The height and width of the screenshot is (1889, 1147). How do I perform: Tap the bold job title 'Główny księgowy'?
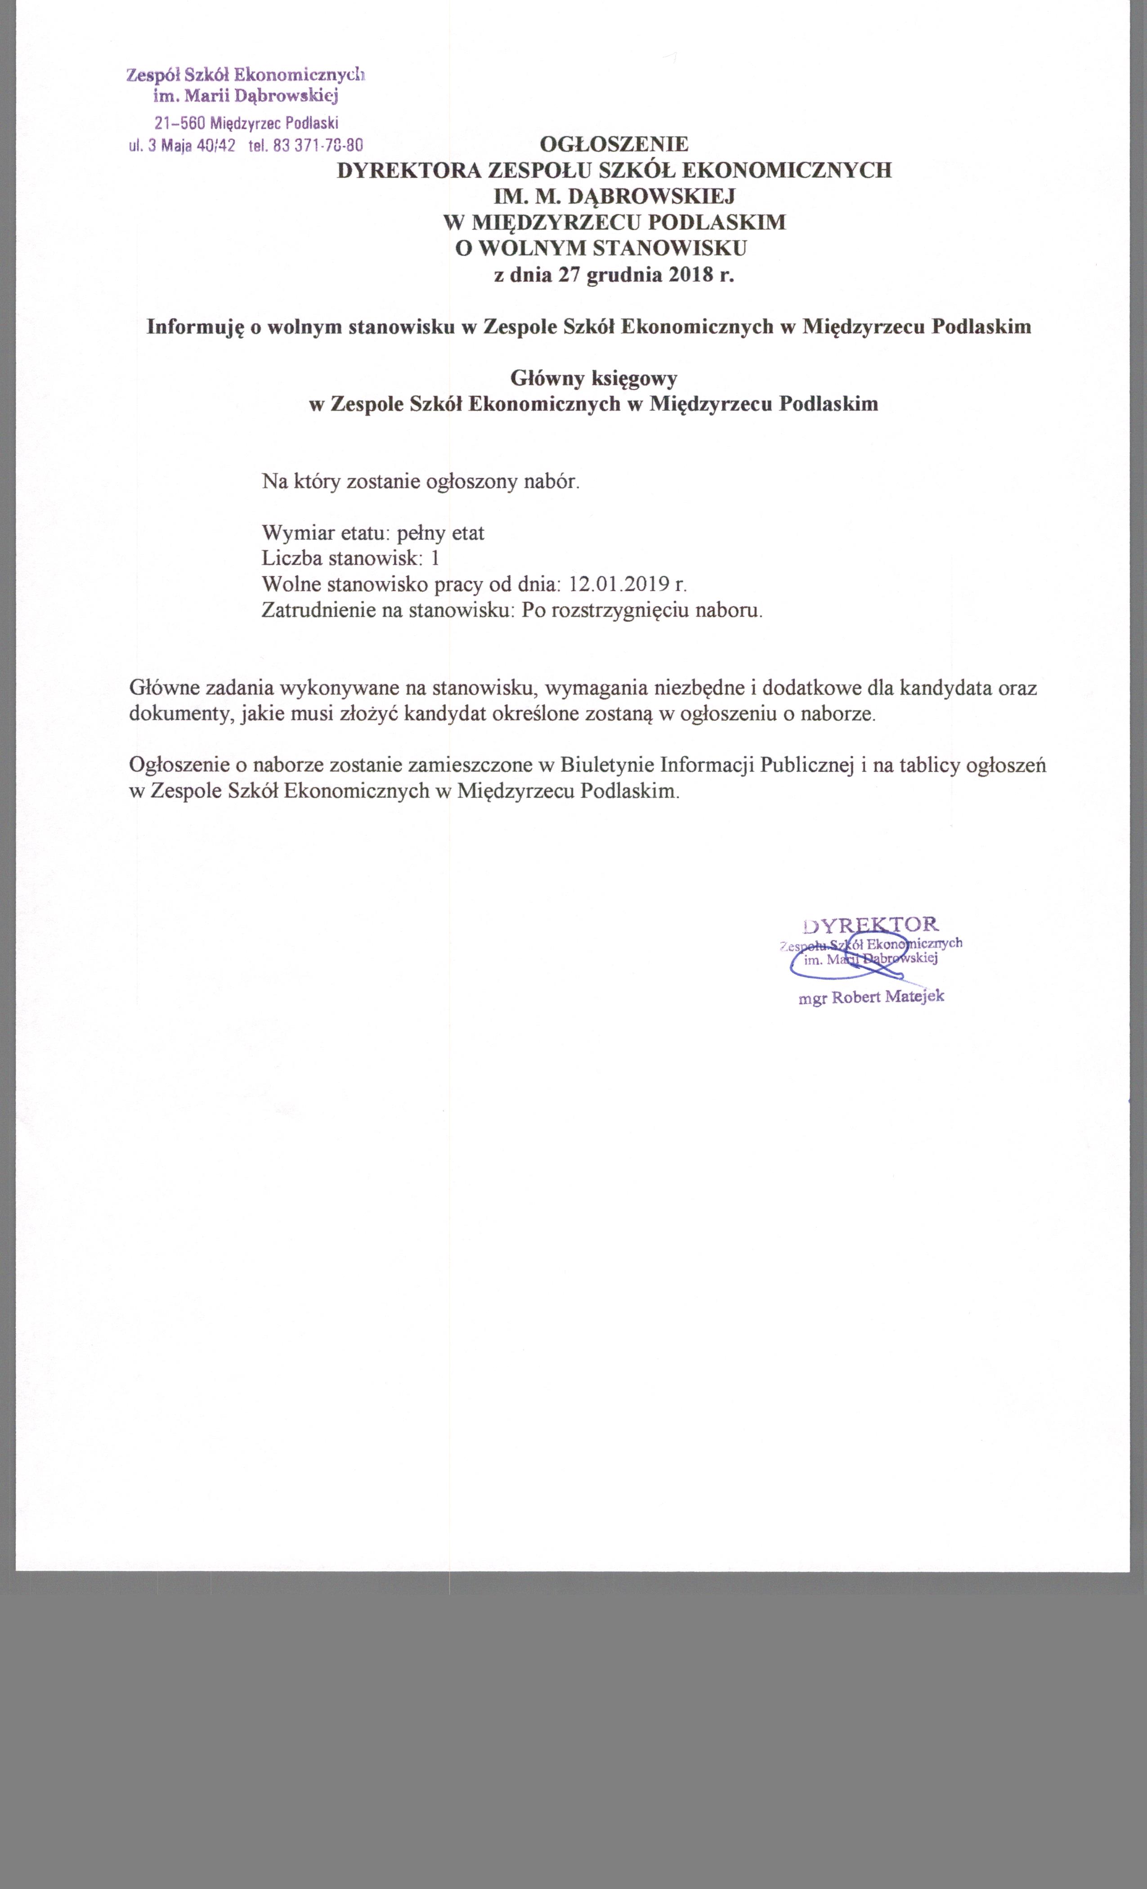tap(593, 378)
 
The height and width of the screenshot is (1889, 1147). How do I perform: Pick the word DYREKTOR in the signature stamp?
tap(870, 923)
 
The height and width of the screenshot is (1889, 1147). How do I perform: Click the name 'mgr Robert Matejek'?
tap(871, 997)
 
